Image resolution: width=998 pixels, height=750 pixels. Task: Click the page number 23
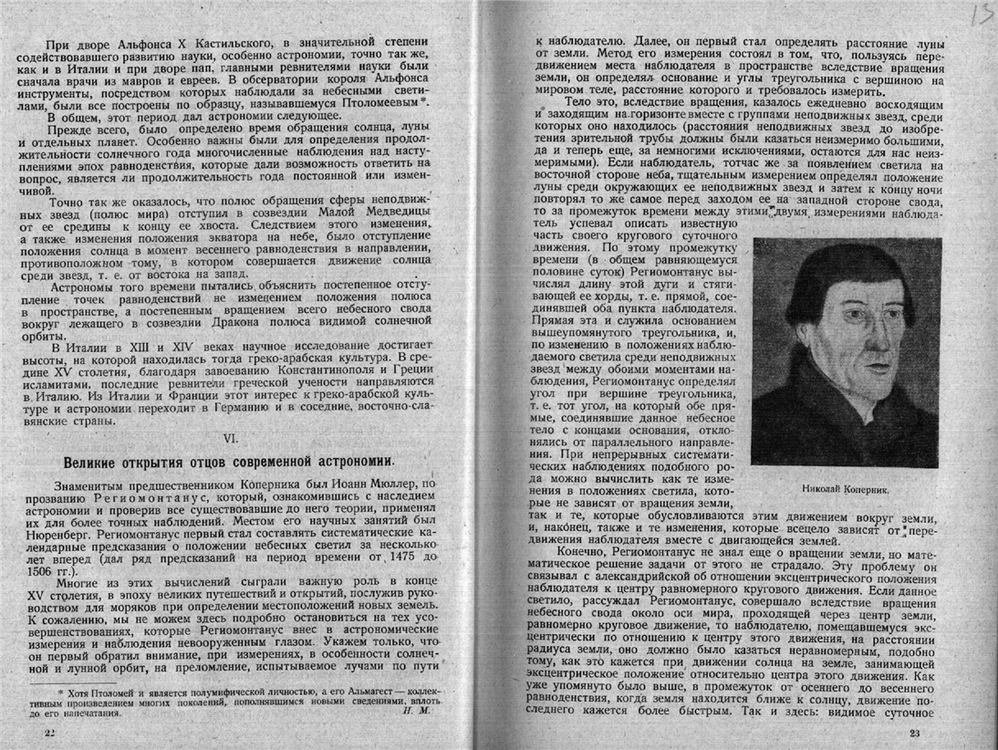tap(916, 736)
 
